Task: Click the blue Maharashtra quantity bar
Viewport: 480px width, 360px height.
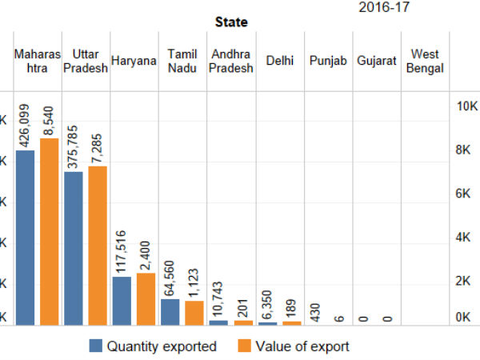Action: [x=26, y=238]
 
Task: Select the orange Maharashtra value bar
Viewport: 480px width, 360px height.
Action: [x=50, y=231]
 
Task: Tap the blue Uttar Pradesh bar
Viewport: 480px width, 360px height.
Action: [x=74, y=248]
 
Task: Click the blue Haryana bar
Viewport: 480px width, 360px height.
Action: [x=122, y=300]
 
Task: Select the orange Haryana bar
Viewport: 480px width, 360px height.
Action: [x=146, y=298]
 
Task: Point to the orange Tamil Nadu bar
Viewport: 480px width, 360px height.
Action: [x=194, y=313]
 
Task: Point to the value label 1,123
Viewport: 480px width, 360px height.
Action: [x=193, y=283]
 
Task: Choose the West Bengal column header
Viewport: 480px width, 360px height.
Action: [x=425, y=61]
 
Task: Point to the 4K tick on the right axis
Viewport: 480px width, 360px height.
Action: [x=466, y=238]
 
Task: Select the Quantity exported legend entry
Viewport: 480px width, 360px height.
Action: [x=153, y=346]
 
